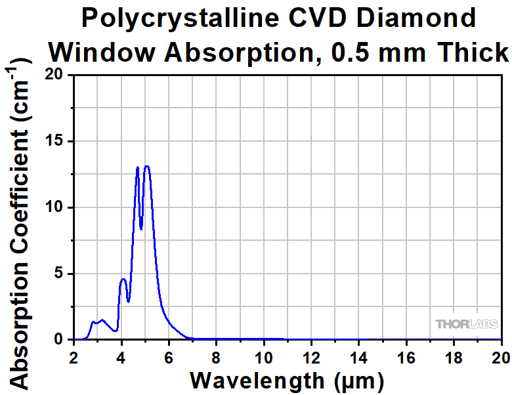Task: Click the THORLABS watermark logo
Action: coord(467,324)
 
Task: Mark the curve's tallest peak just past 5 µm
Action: coord(147,166)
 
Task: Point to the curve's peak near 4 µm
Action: coord(123,280)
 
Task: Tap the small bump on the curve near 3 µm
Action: coord(102,320)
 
